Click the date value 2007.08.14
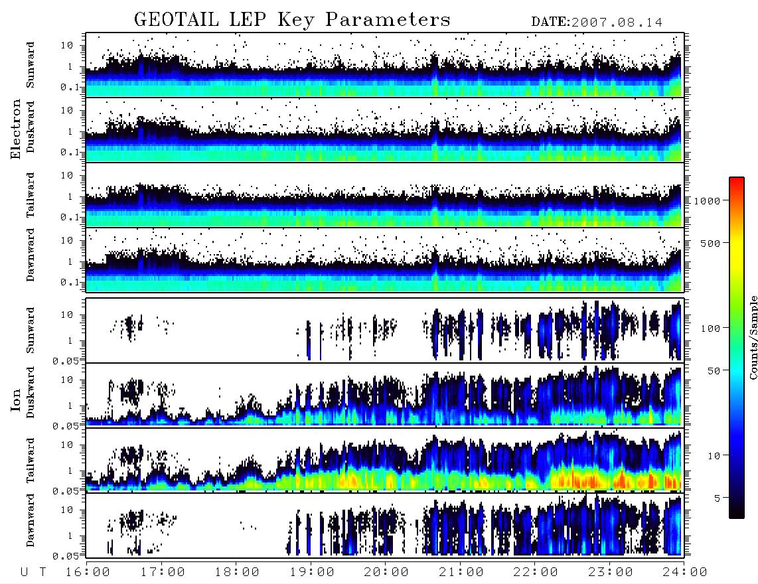[617, 23]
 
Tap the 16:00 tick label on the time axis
[88, 573]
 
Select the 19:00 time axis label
[312, 573]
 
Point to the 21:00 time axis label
[461, 573]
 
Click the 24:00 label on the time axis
[685, 573]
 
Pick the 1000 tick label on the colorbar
[708, 200]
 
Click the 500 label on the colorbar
[711, 243]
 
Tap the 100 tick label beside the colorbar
[711, 328]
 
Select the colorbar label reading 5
[718, 498]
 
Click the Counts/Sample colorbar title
[753, 337]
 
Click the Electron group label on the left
[16, 129]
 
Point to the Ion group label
[16, 400]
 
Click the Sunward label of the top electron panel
[31, 65]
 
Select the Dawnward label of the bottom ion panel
[31, 520]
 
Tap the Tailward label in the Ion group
[31, 461]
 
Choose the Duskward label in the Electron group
[31, 127]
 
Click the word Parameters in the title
[388, 20]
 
